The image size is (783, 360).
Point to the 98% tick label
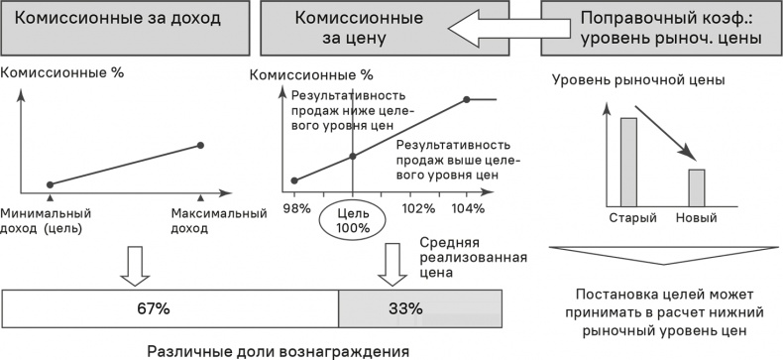pyautogui.click(x=296, y=208)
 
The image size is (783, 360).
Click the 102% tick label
pyautogui.click(x=417, y=208)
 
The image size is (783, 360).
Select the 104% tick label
pyautogui.click(x=468, y=208)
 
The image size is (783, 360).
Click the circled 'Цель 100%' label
pyautogui.click(x=353, y=219)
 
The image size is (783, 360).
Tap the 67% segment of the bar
pyautogui.click(x=170, y=307)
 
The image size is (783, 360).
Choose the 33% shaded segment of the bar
pyautogui.click(x=420, y=307)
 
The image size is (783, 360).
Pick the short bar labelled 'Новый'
pyautogui.click(x=697, y=184)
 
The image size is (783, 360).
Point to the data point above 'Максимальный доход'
pyautogui.click(x=201, y=146)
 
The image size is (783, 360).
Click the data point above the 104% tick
pyautogui.click(x=466, y=99)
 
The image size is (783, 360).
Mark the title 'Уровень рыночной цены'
pyautogui.click(x=638, y=79)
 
